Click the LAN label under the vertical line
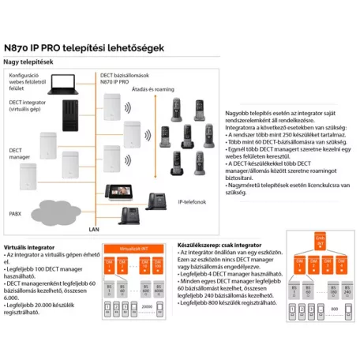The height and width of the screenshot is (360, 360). pos(94,228)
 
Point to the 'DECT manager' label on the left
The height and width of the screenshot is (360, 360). pos(18,155)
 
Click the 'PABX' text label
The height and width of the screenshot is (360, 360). pos(15,213)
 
